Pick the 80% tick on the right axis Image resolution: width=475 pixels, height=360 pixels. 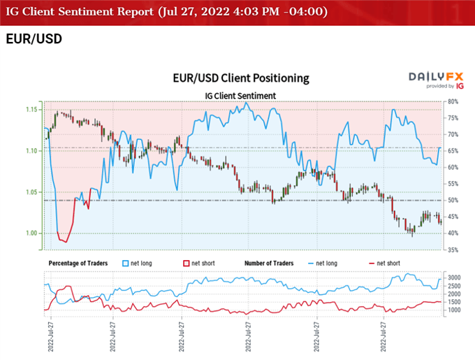pos(453,101)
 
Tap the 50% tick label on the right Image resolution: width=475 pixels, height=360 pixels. pos(453,201)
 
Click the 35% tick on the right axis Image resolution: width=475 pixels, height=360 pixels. pos(453,250)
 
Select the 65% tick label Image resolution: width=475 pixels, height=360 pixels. pos(453,151)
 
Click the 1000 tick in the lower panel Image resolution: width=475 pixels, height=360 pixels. pos(453,310)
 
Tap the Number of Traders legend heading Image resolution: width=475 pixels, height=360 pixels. pos(270,263)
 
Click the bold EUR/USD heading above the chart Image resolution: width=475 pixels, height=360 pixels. pos(34,39)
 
